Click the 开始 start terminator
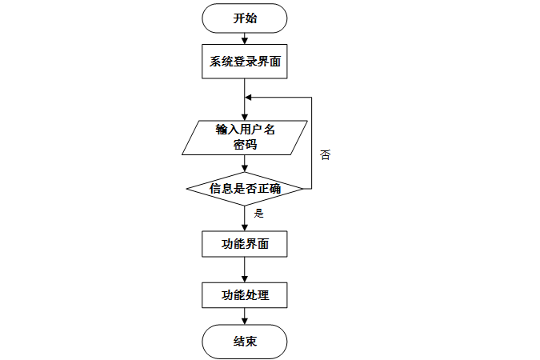click(245, 18)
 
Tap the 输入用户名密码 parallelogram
click(245, 138)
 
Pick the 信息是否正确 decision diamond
click(245, 189)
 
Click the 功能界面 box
click(245, 244)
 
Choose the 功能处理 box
click(245, 295)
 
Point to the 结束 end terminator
click(245, 342)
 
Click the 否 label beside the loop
click(325, 154)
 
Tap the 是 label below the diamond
click(258, 214)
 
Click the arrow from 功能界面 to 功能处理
click(245, 270)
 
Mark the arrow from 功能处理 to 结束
click(245, 317)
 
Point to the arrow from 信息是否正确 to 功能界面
click(245, 218)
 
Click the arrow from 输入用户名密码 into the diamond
click(245, 163)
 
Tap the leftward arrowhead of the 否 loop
click(249, 98)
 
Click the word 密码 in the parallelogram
click(245, 146)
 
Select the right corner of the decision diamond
click(303, 189)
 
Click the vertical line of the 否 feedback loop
click(310, 144)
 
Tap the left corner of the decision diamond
click(186, 189)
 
